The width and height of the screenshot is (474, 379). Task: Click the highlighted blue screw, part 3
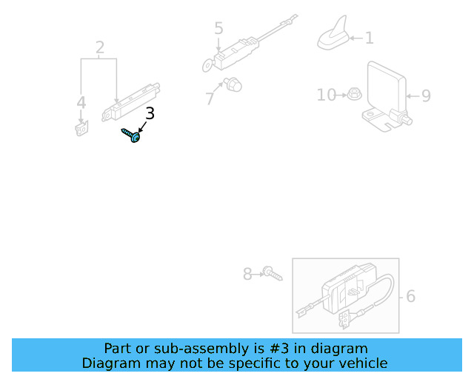click(x=132, y=136)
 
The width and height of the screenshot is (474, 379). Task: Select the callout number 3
click(x=150, y=113)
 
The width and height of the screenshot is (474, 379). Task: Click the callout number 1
click(x=369, y=38)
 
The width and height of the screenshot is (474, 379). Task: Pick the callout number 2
click(x=100, y=48)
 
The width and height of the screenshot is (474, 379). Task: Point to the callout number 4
click(x=81, y=103)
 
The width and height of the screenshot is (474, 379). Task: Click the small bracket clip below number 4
click(x=81, y=129)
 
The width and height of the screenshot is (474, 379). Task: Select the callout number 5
click(x=218, y=29)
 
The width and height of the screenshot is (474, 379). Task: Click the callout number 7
click(x=210, y=98)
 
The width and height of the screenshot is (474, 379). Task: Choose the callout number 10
click(x=327, y=95)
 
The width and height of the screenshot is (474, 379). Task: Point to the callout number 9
click(x=425, y=95)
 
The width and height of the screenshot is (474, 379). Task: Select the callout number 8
click(x=247, y=275)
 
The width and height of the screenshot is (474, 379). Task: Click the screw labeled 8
click(x=273, y=275)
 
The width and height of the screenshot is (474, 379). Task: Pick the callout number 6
click(x=410, y=296)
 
